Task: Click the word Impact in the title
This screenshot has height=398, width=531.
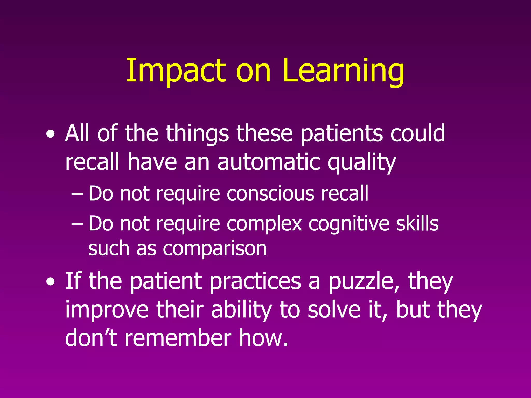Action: click(176, 70)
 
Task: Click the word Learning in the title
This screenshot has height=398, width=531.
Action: click(343, 70)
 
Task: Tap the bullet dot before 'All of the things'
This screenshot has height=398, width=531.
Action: click(50, 134)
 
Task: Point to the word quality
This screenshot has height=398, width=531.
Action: click(361, 163)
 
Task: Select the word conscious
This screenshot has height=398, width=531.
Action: click(271, 194)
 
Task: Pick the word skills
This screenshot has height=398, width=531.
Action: click(417, 223)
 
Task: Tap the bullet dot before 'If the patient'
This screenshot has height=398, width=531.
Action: click(50, 282)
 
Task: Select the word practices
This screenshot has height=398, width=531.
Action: click(255, 282)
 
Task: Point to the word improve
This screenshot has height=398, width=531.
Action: click(107, 310)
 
